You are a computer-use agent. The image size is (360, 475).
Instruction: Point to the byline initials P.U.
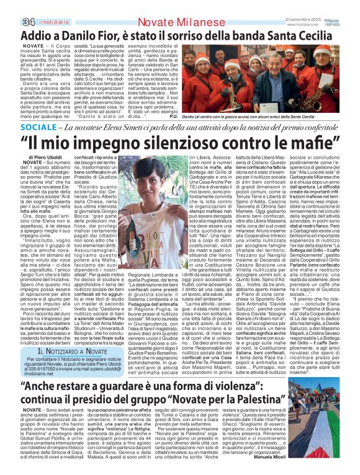[x=173, y=116]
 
